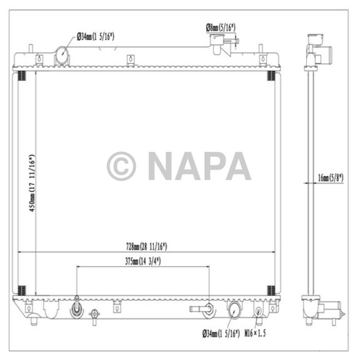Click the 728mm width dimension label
click(x=146, y=247)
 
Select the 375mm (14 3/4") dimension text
click(x=143, y=261)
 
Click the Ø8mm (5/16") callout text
click(x=221, y=27)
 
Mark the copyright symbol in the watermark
click(x=121, y=166)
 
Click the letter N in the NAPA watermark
click(x=162, y=166)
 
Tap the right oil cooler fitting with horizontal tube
click(x=204, y=309)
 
